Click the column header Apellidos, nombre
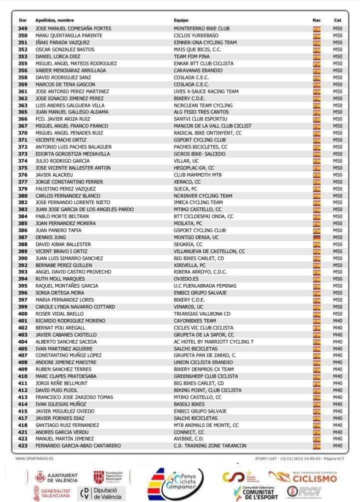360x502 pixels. [55, 20]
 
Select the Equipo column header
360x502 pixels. [181, 20]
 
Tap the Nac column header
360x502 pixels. [316, 20]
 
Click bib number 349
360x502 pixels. [22, 28]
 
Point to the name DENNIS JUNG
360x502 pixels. [50, 237]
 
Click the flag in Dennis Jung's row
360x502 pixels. [316, 237]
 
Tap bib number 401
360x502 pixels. [22, 321]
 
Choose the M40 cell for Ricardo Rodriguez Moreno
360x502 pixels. [337, 321]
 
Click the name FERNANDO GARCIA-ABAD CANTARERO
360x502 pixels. [78, 446]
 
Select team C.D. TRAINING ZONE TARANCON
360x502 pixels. [210, 446]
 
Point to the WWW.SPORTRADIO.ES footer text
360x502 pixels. [35, 458]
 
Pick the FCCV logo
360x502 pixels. [304, 492]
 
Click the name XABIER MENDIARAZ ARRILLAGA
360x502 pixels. [70, 70]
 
